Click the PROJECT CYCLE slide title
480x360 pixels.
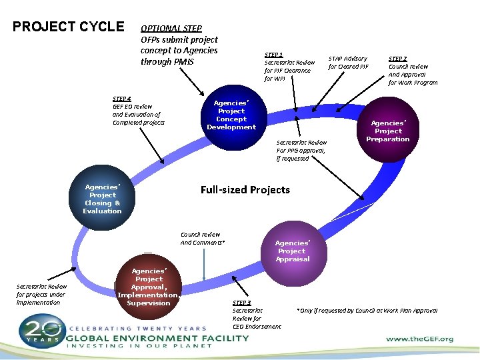point(69,27)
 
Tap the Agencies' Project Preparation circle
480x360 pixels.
point(387,131)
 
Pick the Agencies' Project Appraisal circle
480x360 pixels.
point(292,251)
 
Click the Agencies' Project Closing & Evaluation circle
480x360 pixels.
point(102,199)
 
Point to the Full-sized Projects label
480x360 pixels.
point(245,190)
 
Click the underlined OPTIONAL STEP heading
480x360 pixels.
point(171,29)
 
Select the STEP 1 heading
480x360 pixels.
point(274,55)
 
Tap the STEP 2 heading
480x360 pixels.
point(398,59)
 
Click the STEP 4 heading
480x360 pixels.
point(122,99)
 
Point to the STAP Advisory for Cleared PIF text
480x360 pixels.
point(348,63)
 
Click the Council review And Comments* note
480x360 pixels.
point(203,238)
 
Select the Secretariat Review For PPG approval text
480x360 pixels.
point(301,150)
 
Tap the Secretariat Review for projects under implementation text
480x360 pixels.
point(41,294)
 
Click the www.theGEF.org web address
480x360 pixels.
point(420,339)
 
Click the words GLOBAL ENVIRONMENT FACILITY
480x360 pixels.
point(159,337)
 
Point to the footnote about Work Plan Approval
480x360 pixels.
point(367,311)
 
